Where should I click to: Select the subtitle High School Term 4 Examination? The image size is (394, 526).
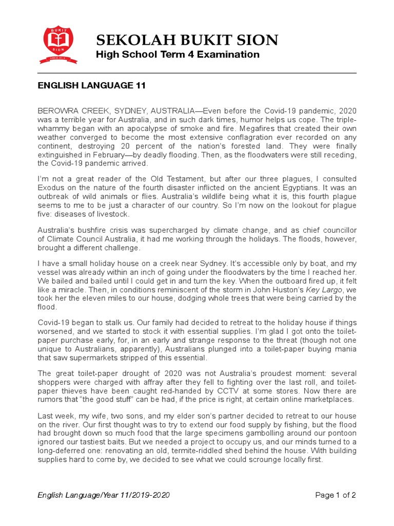click(178, 55)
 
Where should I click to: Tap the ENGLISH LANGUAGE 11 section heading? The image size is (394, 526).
click(92, 86)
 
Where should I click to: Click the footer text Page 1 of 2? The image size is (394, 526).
click(336, 495)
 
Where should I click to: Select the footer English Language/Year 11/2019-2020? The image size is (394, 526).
click(104, 495)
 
